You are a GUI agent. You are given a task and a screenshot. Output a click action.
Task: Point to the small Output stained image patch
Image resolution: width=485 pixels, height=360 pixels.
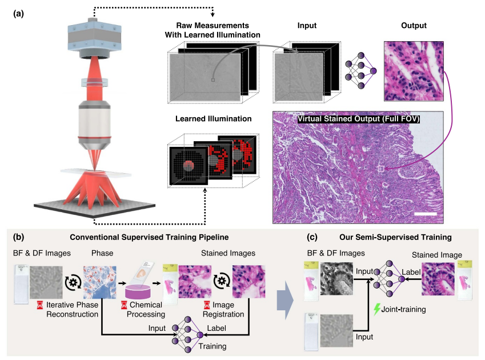[x=412, y=70]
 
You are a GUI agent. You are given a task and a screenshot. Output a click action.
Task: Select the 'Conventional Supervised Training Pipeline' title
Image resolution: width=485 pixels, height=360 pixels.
[x=151, y=237]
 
